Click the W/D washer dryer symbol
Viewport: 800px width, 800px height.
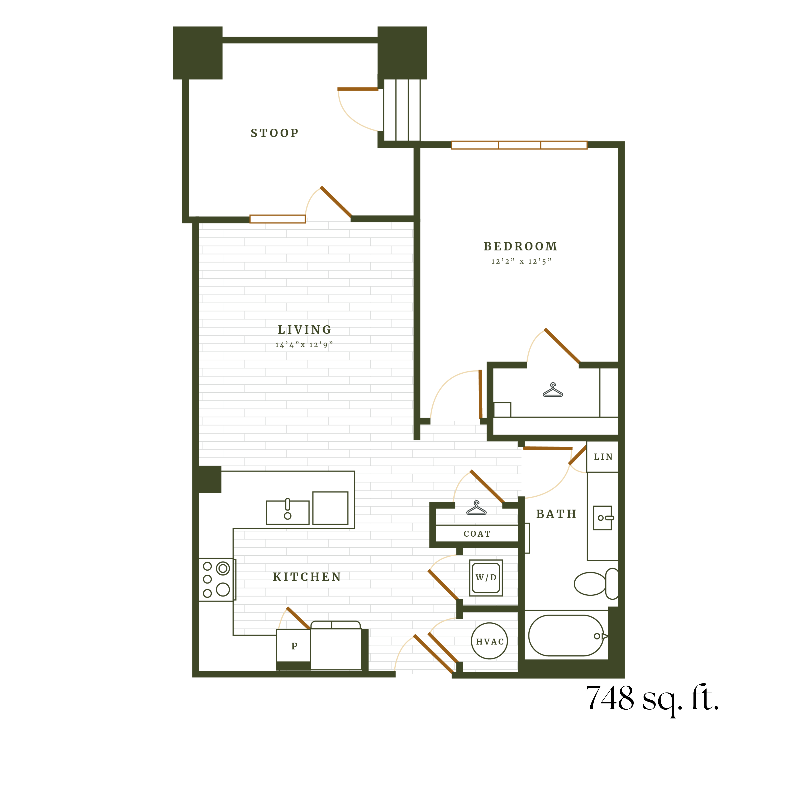[486, 578]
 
